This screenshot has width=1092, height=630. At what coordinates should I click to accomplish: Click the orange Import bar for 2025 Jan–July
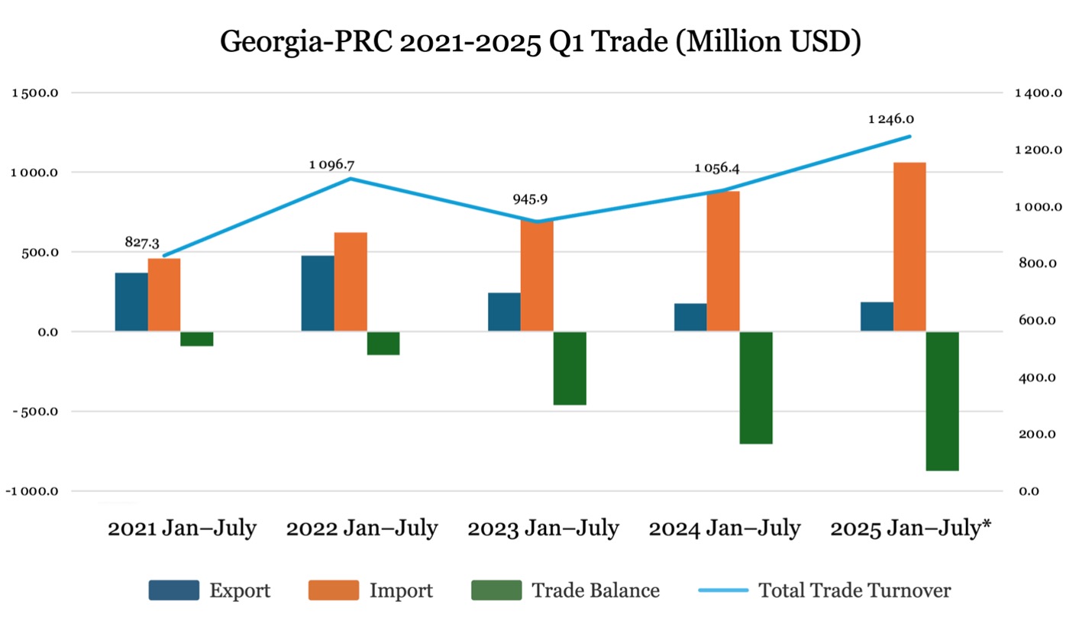click(x=909, y=247)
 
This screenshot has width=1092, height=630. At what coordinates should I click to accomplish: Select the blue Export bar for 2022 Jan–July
click(x=318, y=293)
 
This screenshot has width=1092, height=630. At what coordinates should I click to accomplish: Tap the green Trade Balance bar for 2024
click(x=756, y=387)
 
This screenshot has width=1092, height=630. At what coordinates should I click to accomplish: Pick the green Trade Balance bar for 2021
click(x=197, y=339)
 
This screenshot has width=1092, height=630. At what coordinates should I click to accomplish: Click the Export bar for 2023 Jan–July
click(x=504, y=312)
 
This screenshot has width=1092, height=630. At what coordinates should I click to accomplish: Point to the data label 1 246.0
click(x=891, y=119)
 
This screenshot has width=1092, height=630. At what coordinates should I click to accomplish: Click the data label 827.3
click(x=142, y=242)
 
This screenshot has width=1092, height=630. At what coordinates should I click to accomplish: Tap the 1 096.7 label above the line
click(x=331, y=164)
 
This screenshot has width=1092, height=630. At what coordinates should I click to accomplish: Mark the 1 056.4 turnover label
click(x=717, y=168)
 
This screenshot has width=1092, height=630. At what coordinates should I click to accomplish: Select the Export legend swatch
click(x=174, y=590)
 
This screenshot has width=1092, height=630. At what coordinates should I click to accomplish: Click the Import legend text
click(x=401, y=590)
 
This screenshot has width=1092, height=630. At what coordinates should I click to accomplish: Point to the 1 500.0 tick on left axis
click(x=38, y=93)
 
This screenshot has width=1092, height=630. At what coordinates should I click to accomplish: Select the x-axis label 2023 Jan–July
click(x=544, y=528)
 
